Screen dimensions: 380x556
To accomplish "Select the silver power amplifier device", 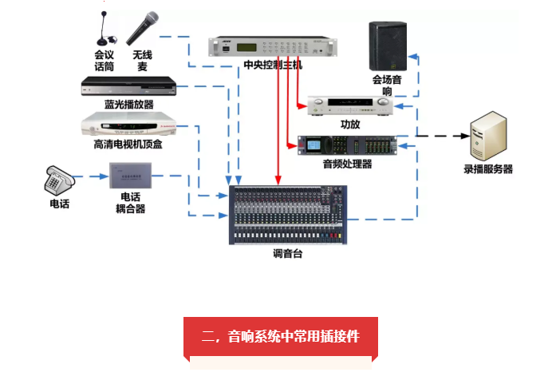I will point(351,105).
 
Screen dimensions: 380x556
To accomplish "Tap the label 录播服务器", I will point(488,169).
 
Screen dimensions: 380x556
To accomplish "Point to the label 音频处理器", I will point(347,164).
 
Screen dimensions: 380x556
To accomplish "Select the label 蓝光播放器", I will point(128,105).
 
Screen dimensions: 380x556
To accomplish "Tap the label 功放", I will point(350,125).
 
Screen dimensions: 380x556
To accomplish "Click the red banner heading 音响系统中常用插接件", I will point(280,336).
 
